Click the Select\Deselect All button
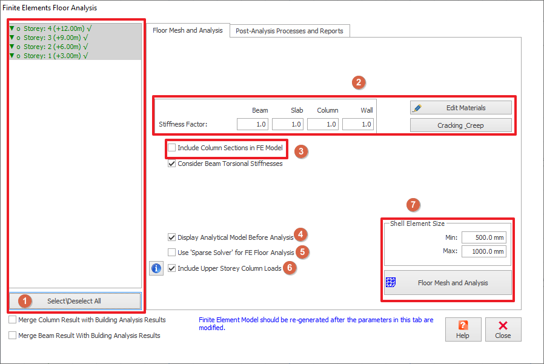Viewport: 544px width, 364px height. coord(75,301)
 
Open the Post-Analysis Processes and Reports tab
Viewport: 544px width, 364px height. coord(290,31)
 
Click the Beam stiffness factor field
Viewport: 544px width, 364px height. coord(253,124)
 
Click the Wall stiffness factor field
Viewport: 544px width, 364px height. coord(357,124)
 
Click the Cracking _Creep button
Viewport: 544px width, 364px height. coord(461,125)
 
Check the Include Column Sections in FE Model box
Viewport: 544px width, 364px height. coord(171,148)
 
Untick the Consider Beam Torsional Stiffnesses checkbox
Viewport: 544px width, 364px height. coord(171,164)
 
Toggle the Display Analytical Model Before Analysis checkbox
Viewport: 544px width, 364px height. coord(171,237)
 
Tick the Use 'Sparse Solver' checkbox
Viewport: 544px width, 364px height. coord(171,253)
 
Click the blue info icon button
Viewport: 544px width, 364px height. coord(156,268)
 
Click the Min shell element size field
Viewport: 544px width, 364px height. coord(483,237)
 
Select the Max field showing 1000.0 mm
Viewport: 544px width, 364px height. coord(483,251)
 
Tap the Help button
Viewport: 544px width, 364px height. coord(463,329)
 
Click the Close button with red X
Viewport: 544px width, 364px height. coord(503,329)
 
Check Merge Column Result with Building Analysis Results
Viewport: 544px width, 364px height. coord(13,320)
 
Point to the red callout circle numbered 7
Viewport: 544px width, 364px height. coord(413,205)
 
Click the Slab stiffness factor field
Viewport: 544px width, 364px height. coord(288,124)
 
